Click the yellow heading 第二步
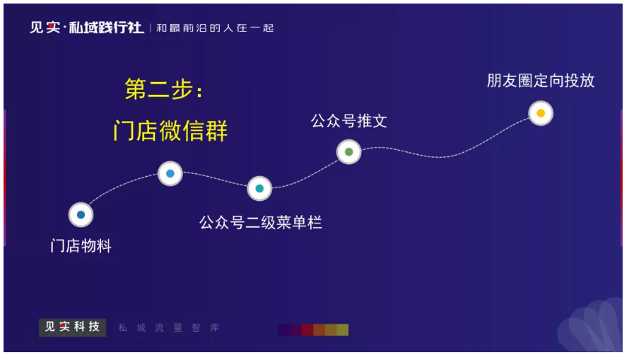click(x=163, y=88)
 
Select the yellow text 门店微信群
click(x=170, y=130)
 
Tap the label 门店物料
click(x=81, y=245)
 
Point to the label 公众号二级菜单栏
click(x=260, y=222)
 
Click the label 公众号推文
click(x=348, y=121)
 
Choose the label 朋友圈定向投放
click(x=541, y=81)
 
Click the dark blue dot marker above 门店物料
click(x=81, y=215)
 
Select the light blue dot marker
click(x=170, y=173)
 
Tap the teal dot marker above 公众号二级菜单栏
click(x=259, y=188)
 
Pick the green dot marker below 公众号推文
click(x=348, y=151)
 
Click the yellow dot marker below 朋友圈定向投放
click(x=541, y=113)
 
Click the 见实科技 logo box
click(x=73, y=327)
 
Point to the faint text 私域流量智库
click(x=168, y=328)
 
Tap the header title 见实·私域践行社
click(x=87, y=28)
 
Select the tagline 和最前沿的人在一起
click(x=215, y=28)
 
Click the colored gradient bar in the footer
click(x=313, y=330)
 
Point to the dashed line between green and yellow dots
click(x=441, y=156)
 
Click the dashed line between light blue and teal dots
click(x=215, y=179)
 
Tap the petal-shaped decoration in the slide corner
click(x=591, y=325)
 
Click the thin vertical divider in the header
click(x=151, y=28)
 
